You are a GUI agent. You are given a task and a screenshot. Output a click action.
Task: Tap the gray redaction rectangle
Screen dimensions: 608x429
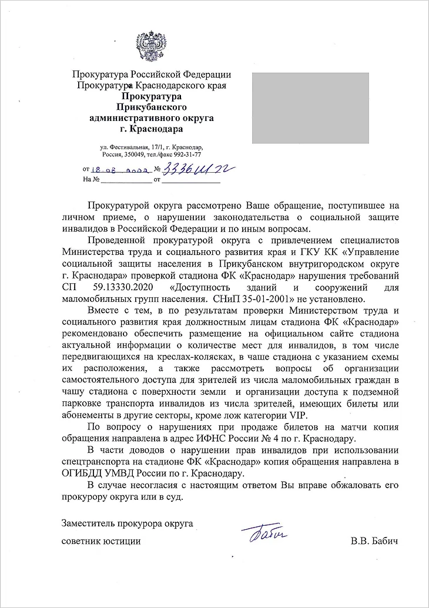click(x=310, y=108)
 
